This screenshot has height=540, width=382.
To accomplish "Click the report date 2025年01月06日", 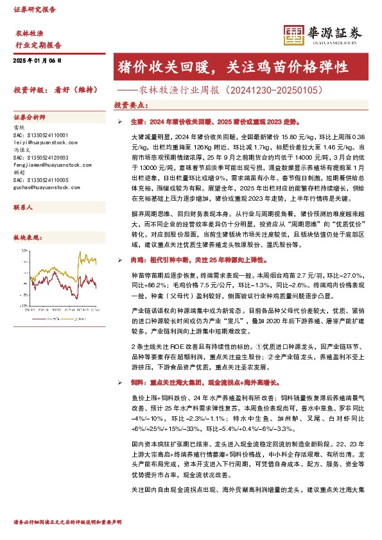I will coord(37,60).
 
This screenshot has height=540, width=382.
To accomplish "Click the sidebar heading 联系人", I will coord(24,209).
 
